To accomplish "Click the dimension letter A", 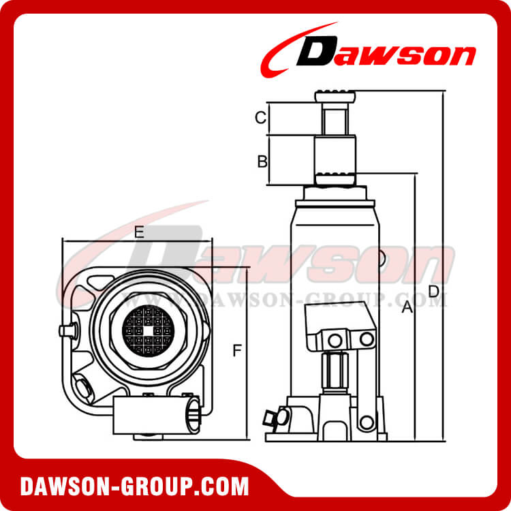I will [x=407, y=308].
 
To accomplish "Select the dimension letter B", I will [x=262, y=161].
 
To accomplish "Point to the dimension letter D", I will [x=434, y=292].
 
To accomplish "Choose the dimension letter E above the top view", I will [x=138, y=232].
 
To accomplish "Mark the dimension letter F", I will [x=236, y=351].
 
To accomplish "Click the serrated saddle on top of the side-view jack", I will [x=335, y=97].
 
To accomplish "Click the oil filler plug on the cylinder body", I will [x=383, y=260].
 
